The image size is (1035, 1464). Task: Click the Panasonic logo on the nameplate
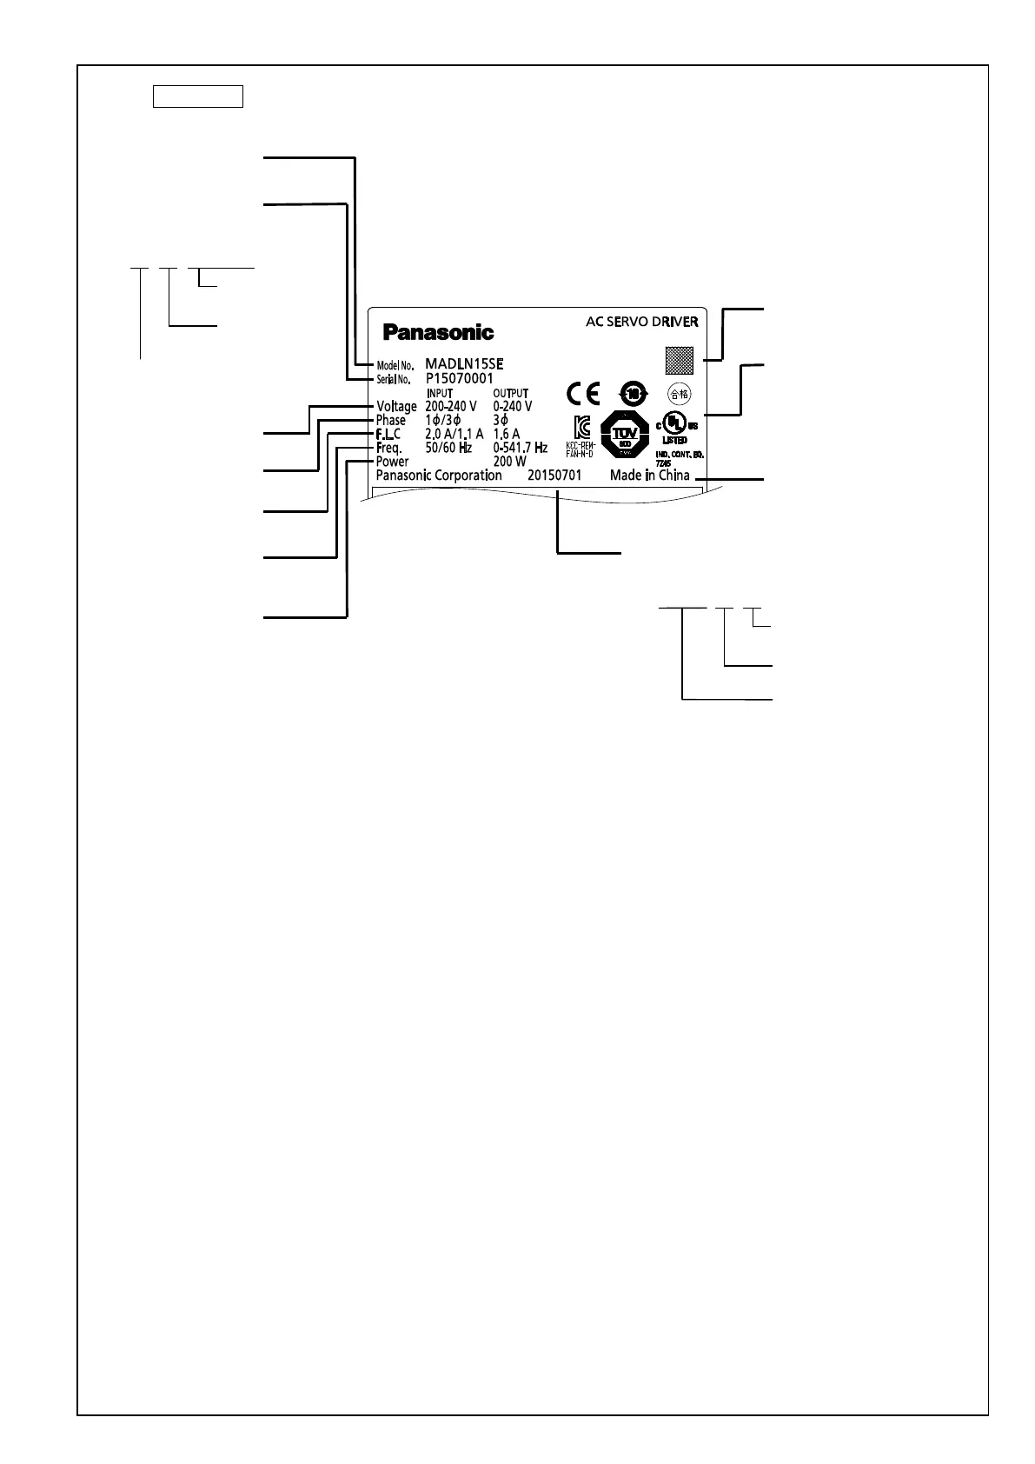tap(439, 332)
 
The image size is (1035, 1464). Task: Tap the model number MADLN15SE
tap(464, 364)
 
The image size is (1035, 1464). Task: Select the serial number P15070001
tap(460, 379)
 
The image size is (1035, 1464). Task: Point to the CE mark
tap(582, 394)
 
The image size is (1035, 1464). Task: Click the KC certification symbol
tap(582, 427)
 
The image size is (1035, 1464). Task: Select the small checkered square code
tap(680, 359)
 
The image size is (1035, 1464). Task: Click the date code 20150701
tap(554, 476)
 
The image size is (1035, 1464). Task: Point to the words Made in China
tap(649, 476)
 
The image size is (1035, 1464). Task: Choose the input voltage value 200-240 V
tap(450, 407)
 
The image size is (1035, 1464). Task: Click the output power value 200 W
tap(509, 462)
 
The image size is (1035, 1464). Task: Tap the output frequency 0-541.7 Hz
tap(520, 448)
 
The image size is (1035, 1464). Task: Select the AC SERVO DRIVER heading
tap(641, 322)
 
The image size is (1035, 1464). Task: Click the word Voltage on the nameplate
tap(396, 407)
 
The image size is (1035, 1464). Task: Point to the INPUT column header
tap(440, 394)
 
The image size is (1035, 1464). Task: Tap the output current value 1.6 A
tap(506, 434)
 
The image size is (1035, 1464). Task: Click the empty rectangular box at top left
tap(197, 96)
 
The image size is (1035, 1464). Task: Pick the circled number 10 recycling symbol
tap(633, 393)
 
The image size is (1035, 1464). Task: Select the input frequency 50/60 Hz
tap(448, 448)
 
